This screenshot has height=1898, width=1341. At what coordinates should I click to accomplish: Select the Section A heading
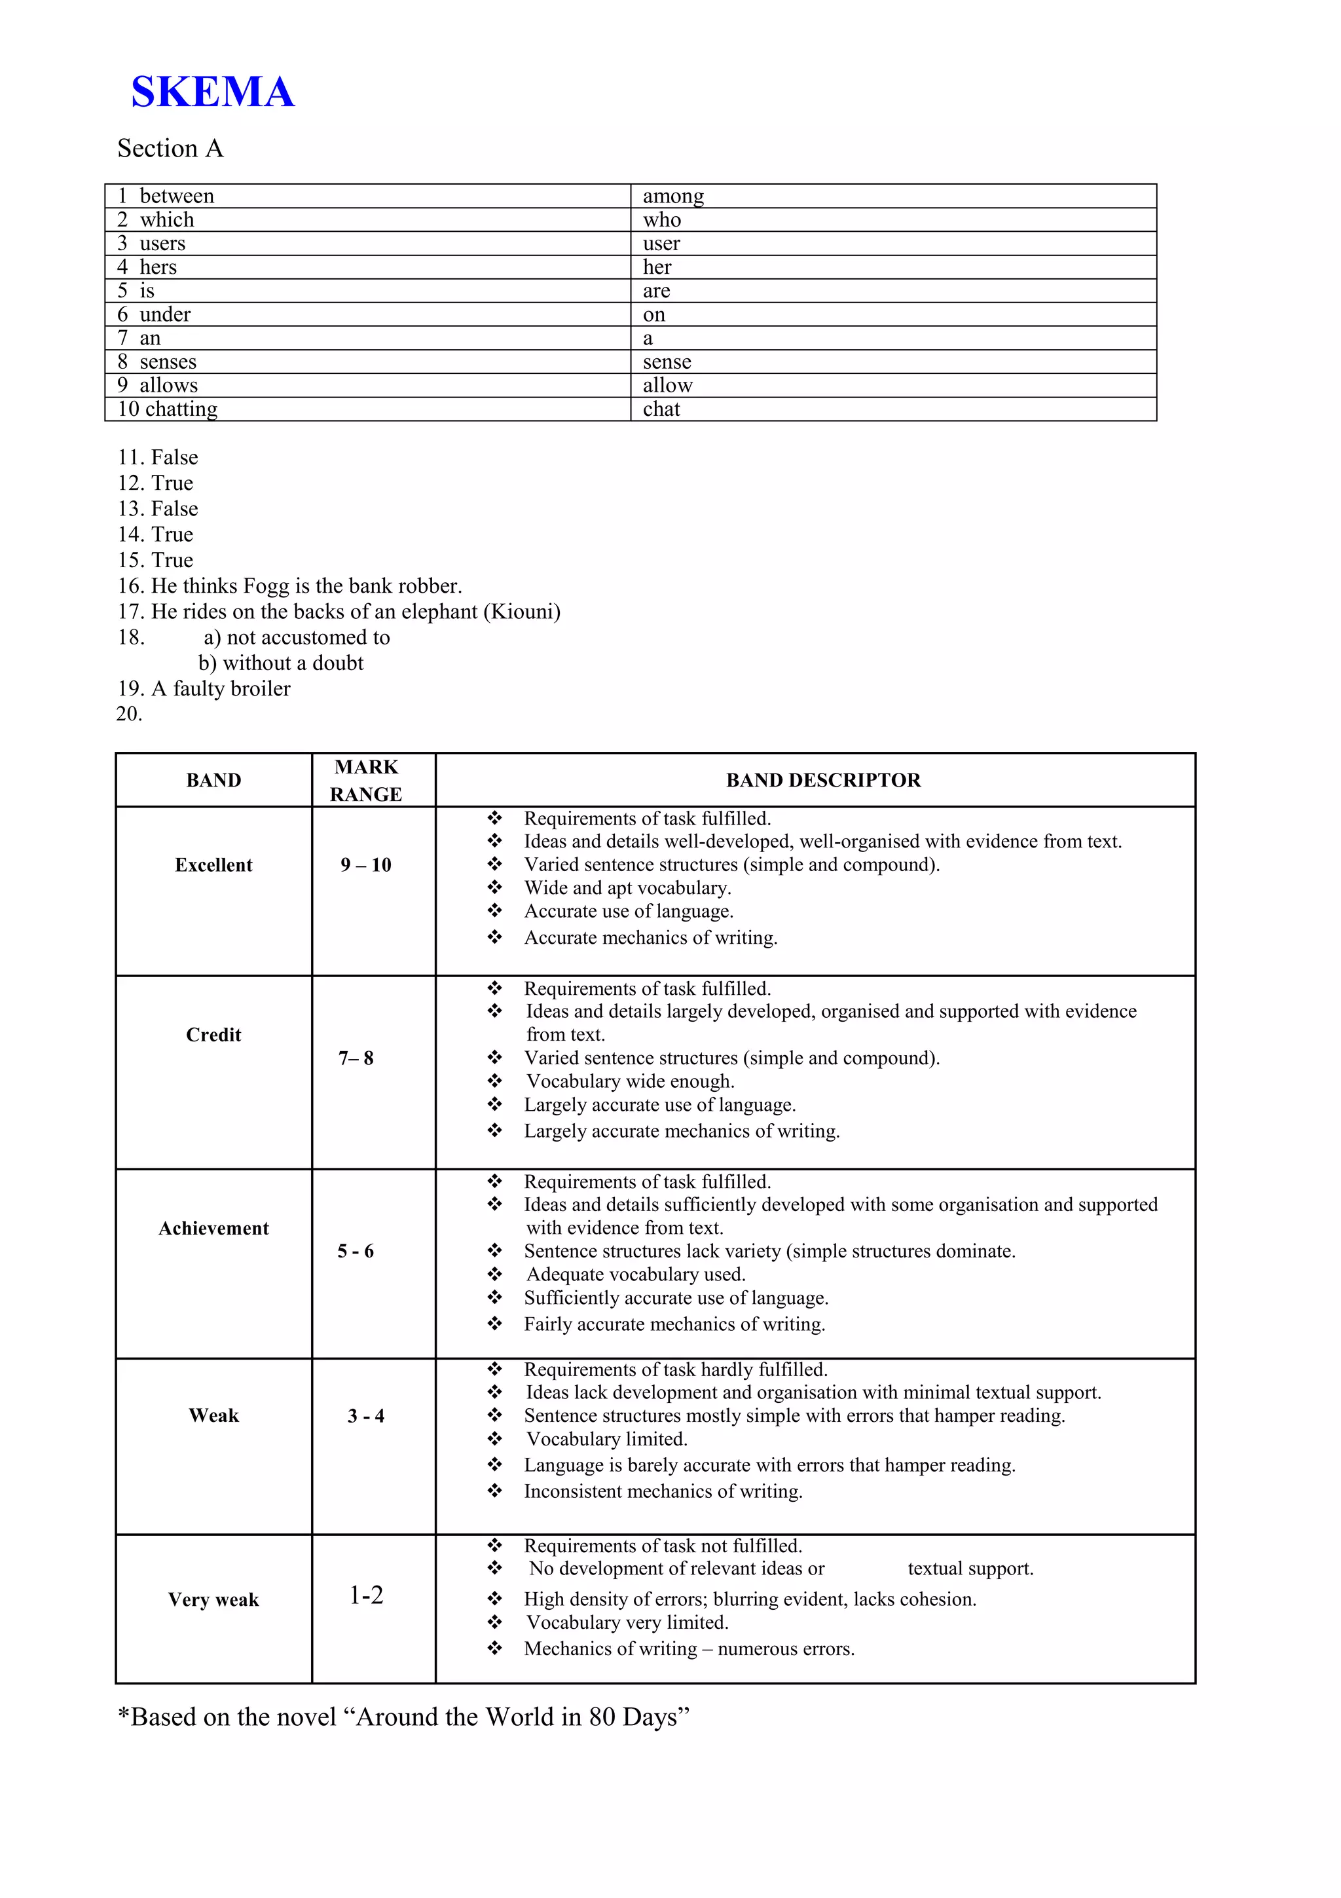pos(170,149)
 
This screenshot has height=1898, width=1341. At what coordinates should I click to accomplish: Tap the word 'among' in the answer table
pos(673,196)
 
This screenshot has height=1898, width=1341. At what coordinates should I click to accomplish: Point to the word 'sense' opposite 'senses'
pos(667,362)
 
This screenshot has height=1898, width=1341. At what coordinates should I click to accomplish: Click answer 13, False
pos(158,508)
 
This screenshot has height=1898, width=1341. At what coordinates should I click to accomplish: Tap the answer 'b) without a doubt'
pos(281,663)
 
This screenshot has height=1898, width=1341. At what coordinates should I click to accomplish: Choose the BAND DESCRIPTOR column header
pos(823,781)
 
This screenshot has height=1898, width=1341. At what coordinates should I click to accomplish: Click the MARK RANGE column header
pos(366,781)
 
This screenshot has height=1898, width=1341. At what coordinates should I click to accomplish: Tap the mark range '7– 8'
pos(356,1058)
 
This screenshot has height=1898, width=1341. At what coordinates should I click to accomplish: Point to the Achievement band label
pos(213,1229)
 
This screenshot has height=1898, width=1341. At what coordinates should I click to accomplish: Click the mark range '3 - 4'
pos(366,1416)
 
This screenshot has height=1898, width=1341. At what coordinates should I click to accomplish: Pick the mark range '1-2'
pos(366,1595)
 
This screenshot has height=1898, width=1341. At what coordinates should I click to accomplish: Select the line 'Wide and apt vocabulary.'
pos(627,888)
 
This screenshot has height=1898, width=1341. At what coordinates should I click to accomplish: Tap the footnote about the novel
pos(403,1717)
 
